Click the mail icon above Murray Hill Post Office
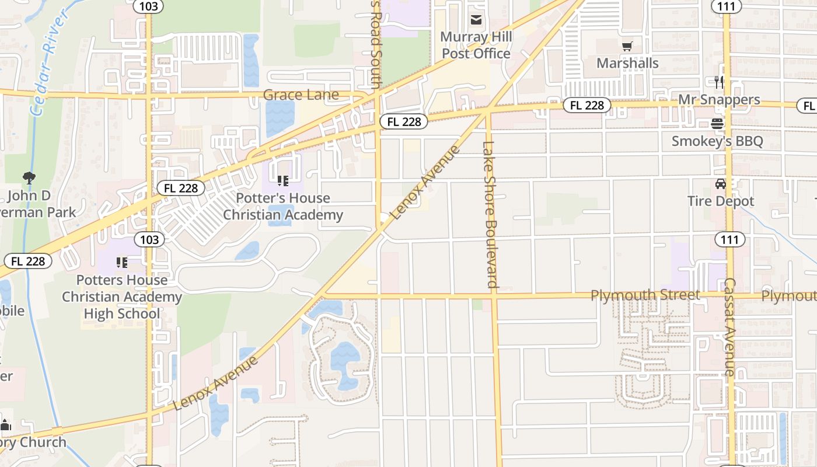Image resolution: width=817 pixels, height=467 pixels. point(476,20)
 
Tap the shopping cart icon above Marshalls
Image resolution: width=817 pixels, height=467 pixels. point(627,46)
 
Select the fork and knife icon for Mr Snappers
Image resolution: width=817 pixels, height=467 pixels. point(719,82)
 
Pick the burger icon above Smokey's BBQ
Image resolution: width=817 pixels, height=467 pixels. point(717,124)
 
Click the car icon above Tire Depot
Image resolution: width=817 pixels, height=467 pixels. point(721,184)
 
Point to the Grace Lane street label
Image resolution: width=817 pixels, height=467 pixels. point(301,95)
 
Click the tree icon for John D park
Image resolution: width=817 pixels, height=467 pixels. point(29,177)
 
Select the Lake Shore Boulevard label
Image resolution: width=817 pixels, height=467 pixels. point(488,214)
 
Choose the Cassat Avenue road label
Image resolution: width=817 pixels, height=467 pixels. point(729,326)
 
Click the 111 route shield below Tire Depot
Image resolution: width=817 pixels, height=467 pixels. point(729,239)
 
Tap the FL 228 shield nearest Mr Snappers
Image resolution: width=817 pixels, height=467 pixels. point(586,105)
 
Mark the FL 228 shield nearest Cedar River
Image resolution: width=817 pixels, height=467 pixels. point(27,261)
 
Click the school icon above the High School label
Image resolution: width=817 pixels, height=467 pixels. point(122,263)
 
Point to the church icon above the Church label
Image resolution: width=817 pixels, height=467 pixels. point(6,425)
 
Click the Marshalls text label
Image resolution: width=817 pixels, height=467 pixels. point(627,63)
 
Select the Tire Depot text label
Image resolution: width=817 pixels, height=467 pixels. point(721,201)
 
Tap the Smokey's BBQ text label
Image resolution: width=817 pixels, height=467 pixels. point(717,141)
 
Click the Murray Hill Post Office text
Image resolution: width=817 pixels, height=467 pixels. point(476,46)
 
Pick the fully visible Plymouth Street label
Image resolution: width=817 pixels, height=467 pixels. point(645,295)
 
